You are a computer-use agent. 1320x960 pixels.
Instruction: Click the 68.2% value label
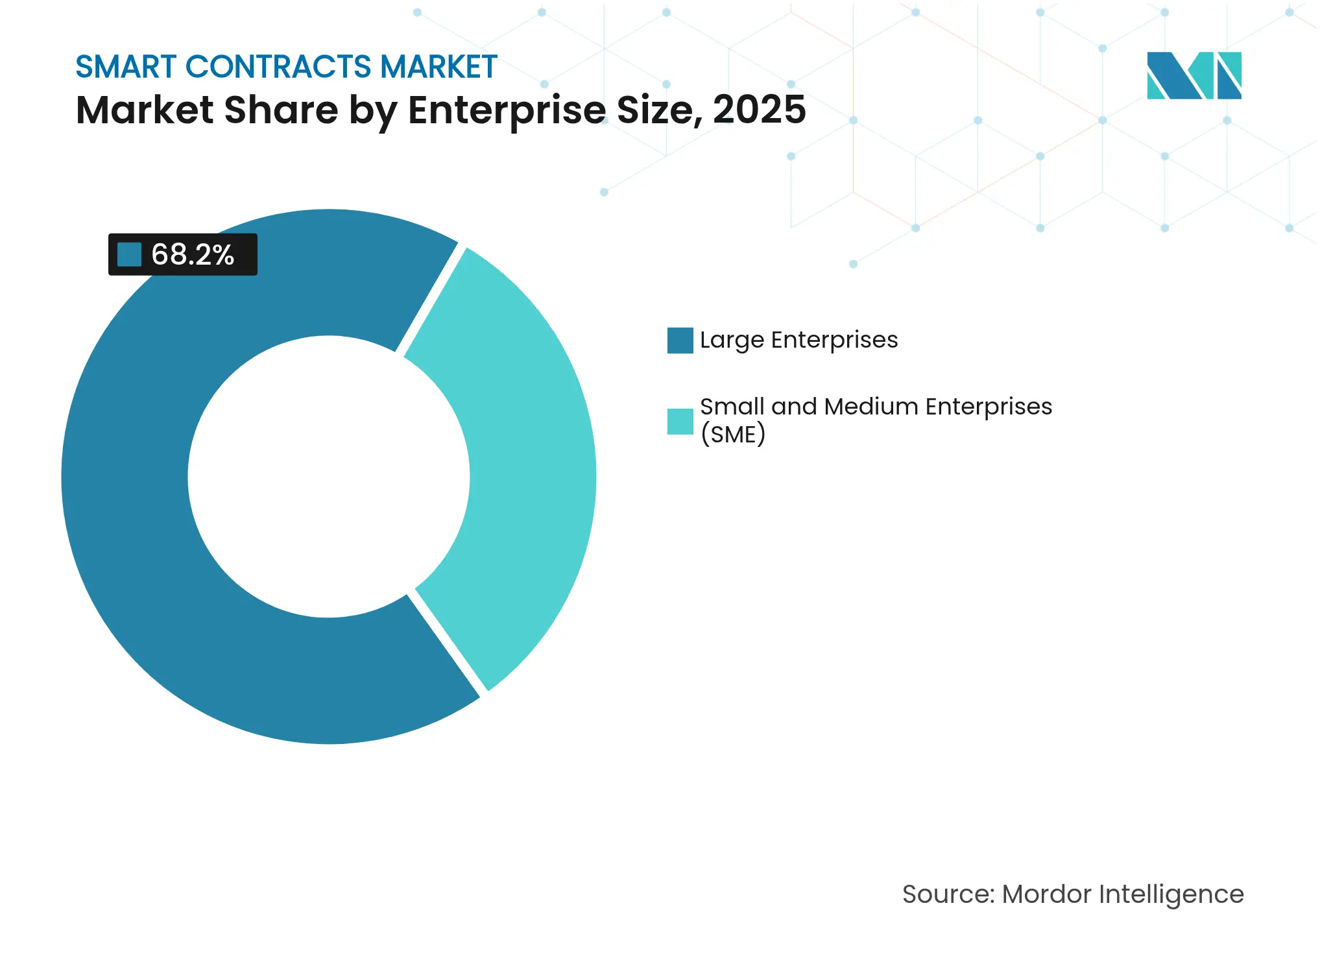tap(193, 254)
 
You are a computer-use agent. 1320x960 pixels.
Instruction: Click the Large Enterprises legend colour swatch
tap(680, 341)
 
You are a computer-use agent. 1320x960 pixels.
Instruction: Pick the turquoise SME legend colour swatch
tap(680, 422)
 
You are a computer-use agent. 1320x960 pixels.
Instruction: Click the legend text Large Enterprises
tap(798, 340)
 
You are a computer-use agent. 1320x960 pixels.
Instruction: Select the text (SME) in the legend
tap(733, 434)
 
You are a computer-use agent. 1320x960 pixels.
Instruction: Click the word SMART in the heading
tap(126, 67)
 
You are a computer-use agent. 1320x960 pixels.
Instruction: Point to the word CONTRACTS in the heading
tap(278, 67)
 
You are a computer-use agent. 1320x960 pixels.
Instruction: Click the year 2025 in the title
tap(759, 110)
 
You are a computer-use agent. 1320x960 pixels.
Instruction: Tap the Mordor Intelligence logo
tap(1194, 75)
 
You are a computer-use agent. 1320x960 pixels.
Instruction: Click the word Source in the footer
tap(947, 894)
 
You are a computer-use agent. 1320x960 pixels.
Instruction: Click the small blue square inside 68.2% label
tap(129, 254)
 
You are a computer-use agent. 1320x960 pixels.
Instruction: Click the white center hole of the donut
tap(329, 477)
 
